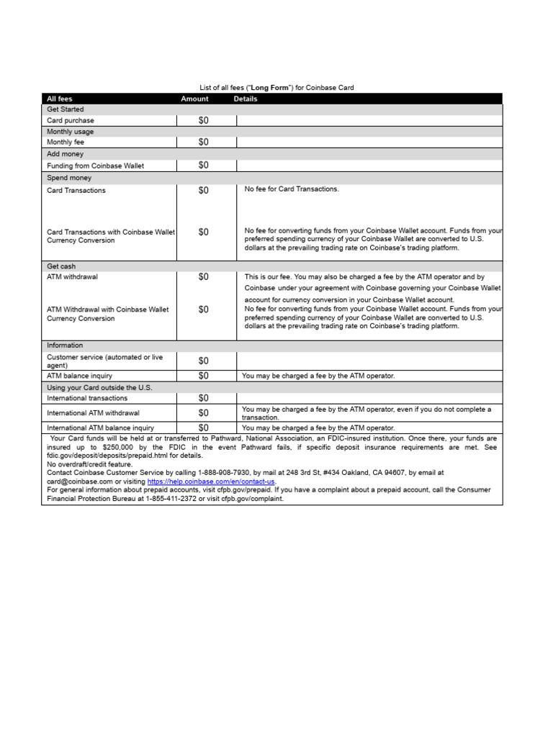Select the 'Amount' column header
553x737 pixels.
[x=194, y=99]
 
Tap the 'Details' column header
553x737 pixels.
[x=246, y=99]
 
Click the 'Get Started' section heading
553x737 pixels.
[x=66, y=109]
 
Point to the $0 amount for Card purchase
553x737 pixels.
[x=204, y=121]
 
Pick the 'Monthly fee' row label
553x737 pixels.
[x=66, y=143]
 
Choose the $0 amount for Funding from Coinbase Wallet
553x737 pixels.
[x=204, y=166]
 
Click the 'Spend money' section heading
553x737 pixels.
[x=69, y=177]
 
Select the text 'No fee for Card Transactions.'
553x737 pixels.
[x=292, y=189]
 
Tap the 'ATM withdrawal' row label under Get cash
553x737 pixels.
[x=72, y=276]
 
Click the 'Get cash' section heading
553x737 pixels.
[x=61, y=266]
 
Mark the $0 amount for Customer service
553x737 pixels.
[x=204, y=361]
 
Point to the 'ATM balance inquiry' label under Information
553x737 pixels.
[x=79, y=376]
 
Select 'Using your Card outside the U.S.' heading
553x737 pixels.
[x=99, y=387]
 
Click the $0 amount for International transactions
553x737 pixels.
[x=204, y=398]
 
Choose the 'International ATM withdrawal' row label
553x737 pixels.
[x=93, y=413]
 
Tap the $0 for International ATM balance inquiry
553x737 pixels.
[x=204, y=428]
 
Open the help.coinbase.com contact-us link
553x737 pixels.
[x=211, y=481]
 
